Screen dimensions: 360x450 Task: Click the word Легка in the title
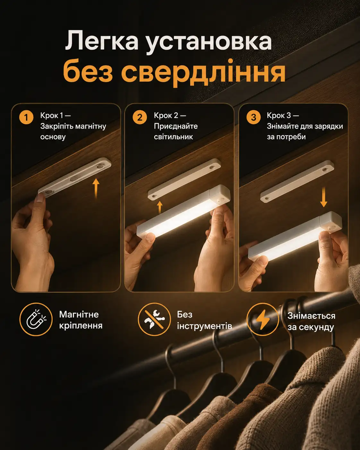click(102, 41)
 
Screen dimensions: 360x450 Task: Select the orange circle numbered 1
click(26, 117)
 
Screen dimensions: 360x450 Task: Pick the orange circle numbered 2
click(140, 117)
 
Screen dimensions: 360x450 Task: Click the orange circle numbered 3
click(253, 117)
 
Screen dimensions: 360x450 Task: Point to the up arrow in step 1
click(96, 188)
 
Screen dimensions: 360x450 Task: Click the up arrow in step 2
click(160, 207)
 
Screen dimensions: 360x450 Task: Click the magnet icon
click(36, 319)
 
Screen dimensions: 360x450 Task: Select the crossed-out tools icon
click(154, 319)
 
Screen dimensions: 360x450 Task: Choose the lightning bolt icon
click(263, 319)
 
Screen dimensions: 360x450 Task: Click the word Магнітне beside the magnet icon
click(79, 315)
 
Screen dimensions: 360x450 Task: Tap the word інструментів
click(204, 326)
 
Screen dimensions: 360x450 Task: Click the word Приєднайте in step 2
click(176, 126)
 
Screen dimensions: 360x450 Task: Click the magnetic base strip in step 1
click(75, 177)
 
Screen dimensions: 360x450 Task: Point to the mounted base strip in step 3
click(297, 181)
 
